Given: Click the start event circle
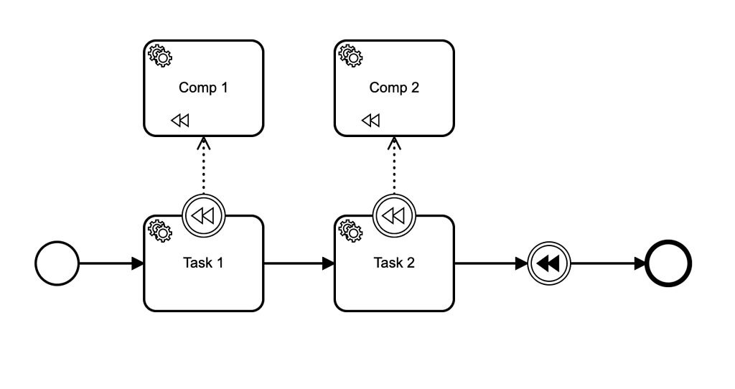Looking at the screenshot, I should [57, 263].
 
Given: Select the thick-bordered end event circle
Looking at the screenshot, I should [669, 263].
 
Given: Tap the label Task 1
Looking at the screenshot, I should [203, 263].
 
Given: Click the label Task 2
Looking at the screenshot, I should [394, 263].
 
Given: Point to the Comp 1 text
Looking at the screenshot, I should [203, 88].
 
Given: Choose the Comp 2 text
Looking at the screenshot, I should [394, 88].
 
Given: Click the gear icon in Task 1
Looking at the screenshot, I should [159, 230].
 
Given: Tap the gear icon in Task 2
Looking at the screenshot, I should [350, 230].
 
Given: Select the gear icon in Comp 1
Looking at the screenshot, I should [159, 55].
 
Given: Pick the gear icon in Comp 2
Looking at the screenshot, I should [350, 55].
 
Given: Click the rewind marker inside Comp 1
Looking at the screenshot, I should [180, 121].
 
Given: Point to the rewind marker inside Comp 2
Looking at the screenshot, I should [370, 121].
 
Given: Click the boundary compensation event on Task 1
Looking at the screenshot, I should [204, 215].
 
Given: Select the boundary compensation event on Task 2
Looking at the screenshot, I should [395, 215].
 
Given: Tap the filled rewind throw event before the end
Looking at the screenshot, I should [549, 263].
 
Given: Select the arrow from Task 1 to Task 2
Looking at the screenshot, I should [299, 263].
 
